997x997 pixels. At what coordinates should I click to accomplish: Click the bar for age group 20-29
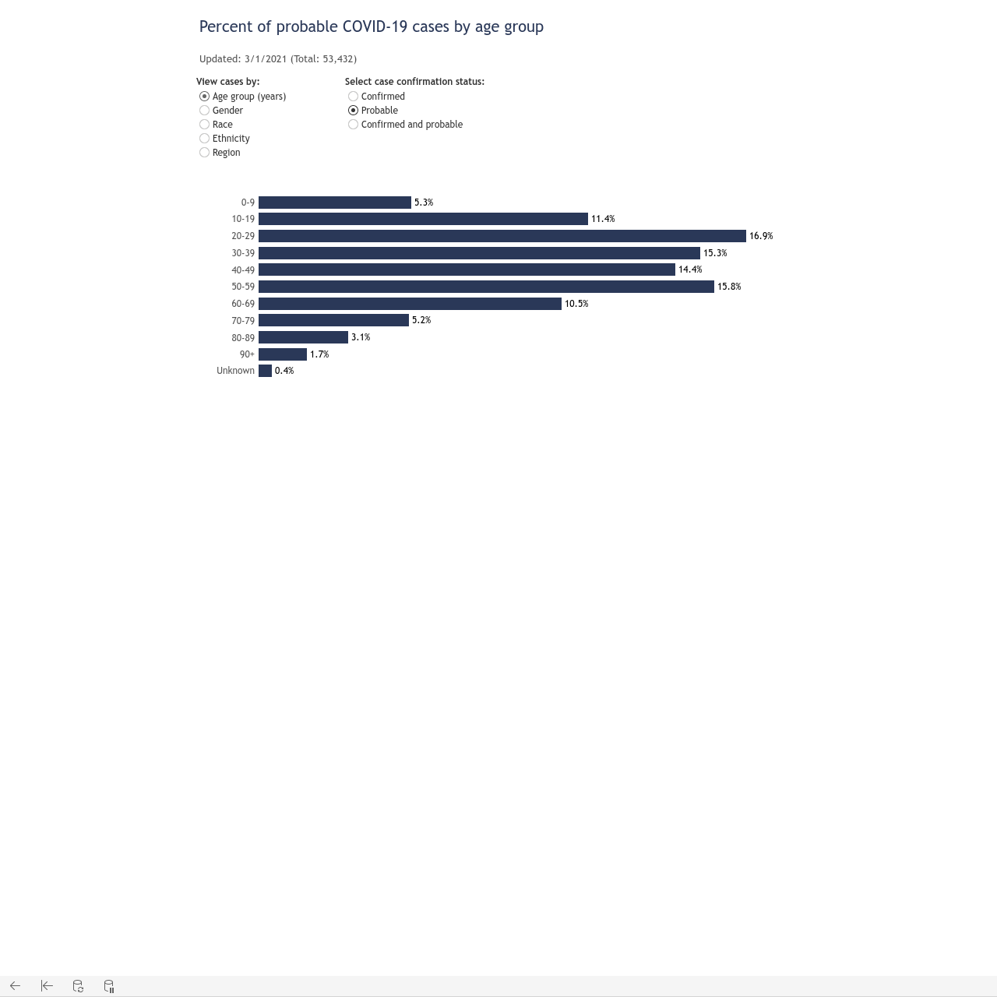point(502,236)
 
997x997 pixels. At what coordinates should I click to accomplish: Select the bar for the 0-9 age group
point(335,203)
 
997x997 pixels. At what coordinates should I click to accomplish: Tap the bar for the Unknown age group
point(265,371)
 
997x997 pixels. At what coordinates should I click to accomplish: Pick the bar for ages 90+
point(283,354)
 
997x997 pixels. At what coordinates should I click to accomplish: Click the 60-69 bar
point(410,303)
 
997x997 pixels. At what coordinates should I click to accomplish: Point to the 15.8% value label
point(729,287)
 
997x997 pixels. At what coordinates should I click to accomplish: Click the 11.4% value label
point(603,219)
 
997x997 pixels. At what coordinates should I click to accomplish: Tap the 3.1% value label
point(361,337)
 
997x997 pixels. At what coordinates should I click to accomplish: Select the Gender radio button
point(204,110)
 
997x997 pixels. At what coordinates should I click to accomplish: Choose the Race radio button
point(204,124)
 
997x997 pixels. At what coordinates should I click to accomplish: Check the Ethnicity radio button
point(204,138)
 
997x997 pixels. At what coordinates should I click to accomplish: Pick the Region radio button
point(204,152)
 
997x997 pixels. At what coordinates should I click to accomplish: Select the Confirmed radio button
point(354,97)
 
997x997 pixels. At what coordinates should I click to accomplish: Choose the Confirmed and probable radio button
point(354,124)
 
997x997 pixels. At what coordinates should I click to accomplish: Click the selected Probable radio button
point(354,110)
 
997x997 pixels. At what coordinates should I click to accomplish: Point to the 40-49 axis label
point(243,270)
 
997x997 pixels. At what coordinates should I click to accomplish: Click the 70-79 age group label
point(243,321)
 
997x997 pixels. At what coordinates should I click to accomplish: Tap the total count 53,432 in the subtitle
point(338,59)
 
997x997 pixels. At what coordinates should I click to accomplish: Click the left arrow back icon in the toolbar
point(15,985)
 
